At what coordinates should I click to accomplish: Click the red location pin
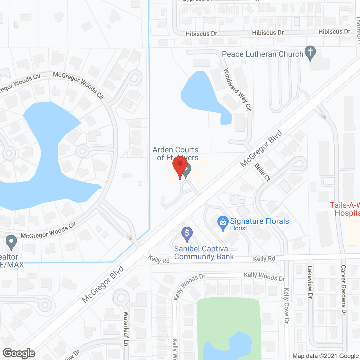point(180,165)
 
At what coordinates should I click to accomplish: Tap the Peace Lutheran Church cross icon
point(310,52)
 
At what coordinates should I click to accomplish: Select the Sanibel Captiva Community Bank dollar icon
point(187,233)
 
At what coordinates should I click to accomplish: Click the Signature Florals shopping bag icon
point(223,222)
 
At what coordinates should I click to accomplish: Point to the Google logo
point(19,353)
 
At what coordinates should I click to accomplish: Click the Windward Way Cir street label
point(237,89)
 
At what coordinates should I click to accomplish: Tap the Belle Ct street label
point(262,172)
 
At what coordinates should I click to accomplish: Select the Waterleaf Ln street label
point(126,328)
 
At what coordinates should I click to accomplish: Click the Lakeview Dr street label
point(310,282)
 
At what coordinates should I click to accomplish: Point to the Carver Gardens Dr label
point(343,290)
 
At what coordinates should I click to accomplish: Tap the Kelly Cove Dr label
point(286,305)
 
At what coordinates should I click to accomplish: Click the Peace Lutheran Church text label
point(262,54)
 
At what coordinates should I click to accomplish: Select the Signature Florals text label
point(259,221)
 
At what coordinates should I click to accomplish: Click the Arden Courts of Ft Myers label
point(175,153)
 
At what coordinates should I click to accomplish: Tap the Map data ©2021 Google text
point(325,356)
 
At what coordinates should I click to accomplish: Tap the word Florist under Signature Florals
point(238,228)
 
